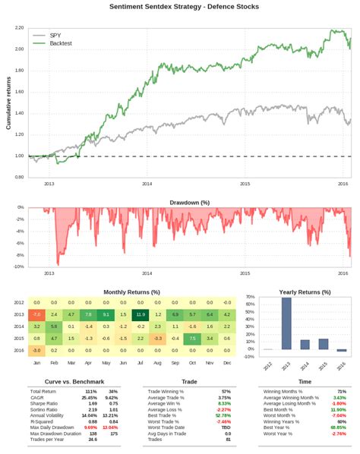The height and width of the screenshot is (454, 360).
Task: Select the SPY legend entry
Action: tap(55, 35)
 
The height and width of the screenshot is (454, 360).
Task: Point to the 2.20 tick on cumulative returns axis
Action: tap(19, 27)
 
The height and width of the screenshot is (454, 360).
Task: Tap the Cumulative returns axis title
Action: tap(8, 102)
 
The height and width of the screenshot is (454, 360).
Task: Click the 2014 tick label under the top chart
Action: tap(147, 183)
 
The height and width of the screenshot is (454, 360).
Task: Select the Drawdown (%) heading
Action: tap(190, 203)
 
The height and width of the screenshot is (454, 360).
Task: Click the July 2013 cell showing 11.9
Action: tap(140, 314)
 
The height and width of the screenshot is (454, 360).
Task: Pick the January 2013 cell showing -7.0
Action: tap(36, 314)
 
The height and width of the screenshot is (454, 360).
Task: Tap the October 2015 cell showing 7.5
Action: tap(192, 339)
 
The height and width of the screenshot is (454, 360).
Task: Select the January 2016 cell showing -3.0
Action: tap(36, 351)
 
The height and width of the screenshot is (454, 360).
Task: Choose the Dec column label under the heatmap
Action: tap(227, 362)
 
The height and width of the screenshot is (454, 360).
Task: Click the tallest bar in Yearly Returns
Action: tap(286, 323)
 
